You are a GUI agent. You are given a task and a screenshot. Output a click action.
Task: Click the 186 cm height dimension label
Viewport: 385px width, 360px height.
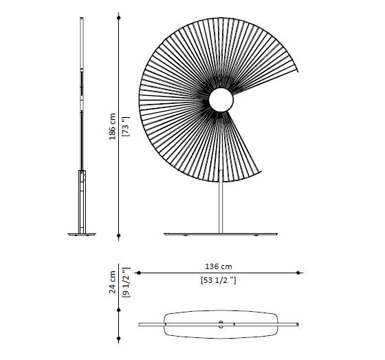[x=113, y=127]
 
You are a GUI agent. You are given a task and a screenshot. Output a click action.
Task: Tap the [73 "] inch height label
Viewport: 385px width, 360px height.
[x=126, y=127]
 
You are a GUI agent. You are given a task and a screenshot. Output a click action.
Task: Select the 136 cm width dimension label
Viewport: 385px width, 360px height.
[x=219, y=266]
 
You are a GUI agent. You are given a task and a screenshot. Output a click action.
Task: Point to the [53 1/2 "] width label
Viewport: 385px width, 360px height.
[x=219, y=280]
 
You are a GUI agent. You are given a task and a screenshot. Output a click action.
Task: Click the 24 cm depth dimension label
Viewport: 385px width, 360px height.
[x=113, y=282]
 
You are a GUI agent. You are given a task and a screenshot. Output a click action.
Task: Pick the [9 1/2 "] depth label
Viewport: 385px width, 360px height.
[x=126, y=282]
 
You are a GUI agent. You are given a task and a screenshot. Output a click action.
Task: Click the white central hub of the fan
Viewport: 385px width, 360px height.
[x=221, y=100]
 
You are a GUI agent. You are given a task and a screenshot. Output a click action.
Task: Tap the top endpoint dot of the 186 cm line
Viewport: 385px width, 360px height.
[x=119, y=18]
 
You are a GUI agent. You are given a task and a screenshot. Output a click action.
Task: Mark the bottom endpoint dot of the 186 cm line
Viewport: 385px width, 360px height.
[x=119, y=235]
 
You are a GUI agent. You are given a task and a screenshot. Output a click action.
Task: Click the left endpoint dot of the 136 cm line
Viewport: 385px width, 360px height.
[x=139, y=273]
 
